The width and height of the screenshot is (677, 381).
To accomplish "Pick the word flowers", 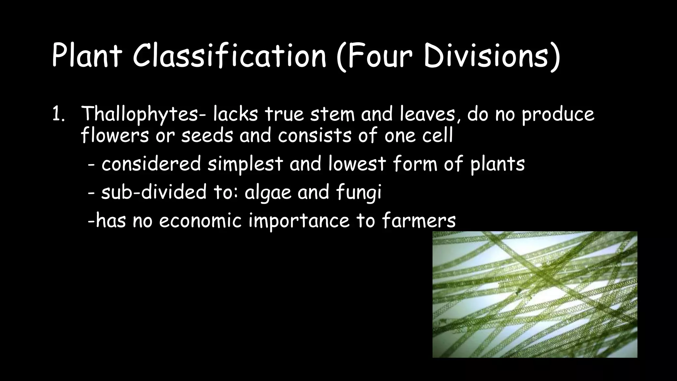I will [115, 135].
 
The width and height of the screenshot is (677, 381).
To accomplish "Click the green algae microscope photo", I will [535, 294].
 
